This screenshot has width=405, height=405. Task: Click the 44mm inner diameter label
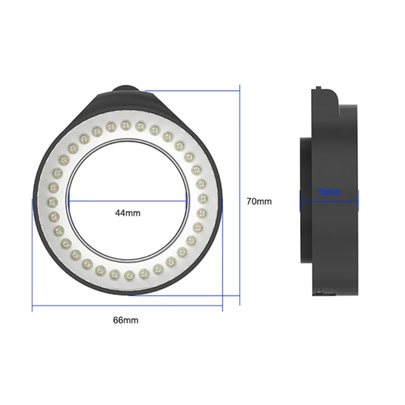point(128,213)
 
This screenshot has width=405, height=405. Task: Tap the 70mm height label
point(259,201)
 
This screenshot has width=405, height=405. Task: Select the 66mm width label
point(126,320)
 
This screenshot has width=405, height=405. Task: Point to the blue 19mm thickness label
point(329,192)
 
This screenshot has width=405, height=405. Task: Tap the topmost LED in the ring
point(126,124)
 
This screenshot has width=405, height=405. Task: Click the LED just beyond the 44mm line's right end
point(202,198)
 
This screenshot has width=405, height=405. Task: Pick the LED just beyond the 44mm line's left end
point(53,201)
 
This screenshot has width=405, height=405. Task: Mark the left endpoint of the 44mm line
point(68,201)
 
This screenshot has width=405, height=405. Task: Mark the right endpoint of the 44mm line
point(187,201)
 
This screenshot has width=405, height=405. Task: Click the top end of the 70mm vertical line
point(240,85)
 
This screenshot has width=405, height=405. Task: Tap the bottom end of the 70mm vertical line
point(240,305)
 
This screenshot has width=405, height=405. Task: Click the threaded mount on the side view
point(306,200)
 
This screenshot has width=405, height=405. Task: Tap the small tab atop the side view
point(318,87)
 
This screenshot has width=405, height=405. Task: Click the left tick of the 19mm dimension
point(300,201)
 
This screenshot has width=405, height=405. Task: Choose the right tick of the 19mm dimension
point(358,201)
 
